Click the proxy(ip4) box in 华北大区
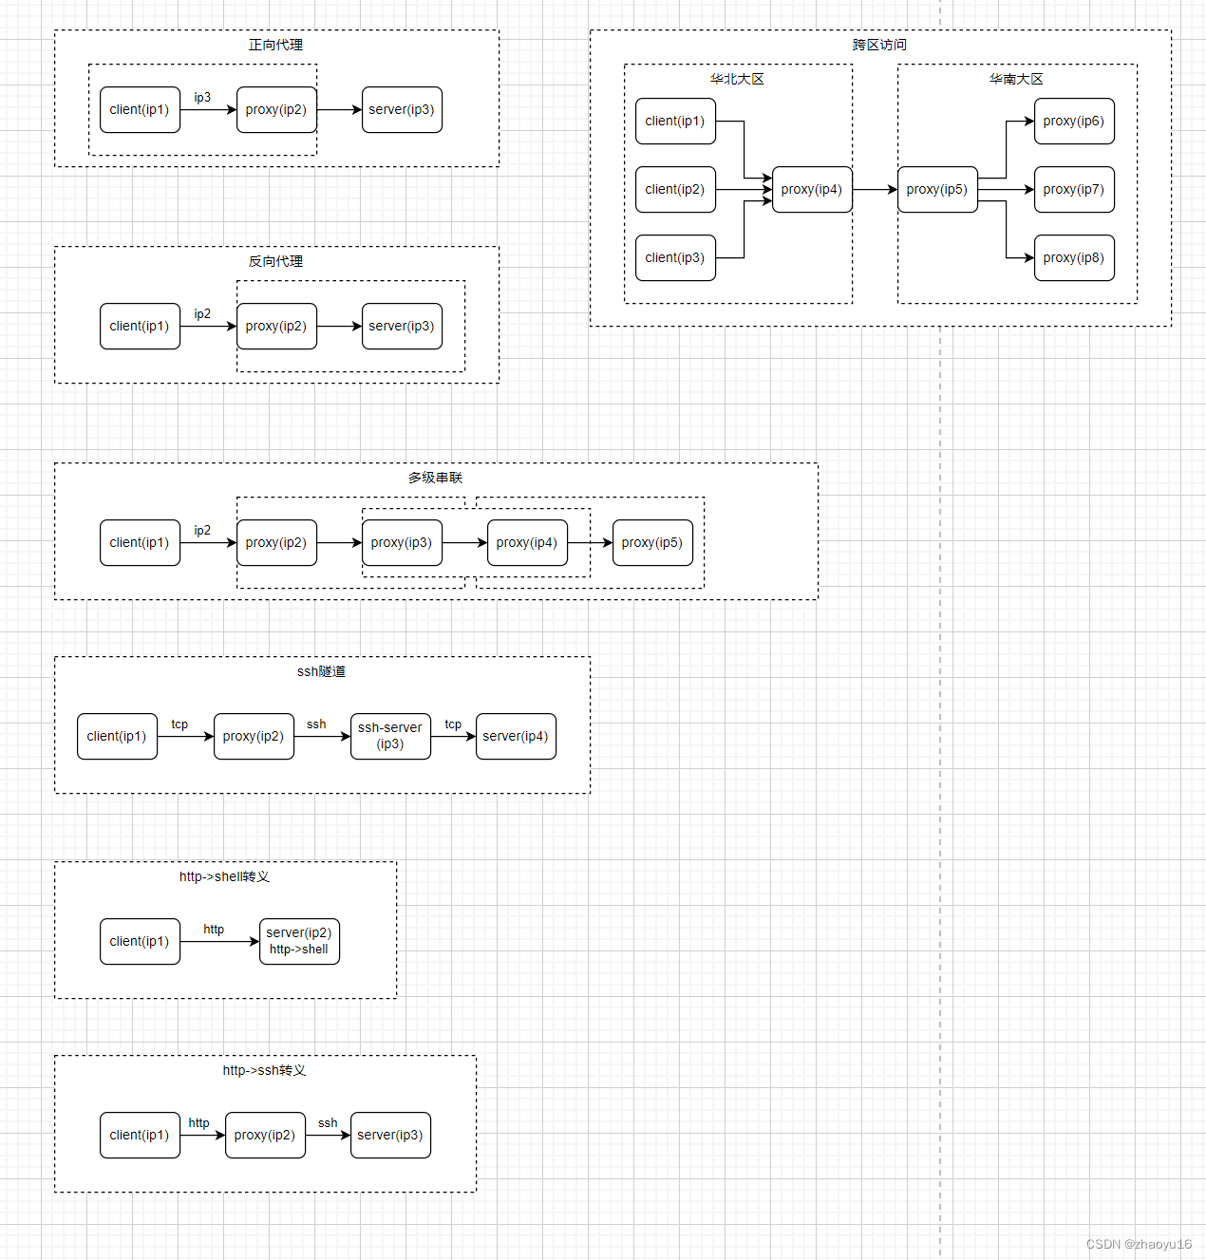[812, 189]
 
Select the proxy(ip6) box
[1074, 121]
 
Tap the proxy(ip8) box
[1074, 257]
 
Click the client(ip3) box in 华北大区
[675, 257]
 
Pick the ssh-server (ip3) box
[390, 736]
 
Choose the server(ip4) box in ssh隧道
[516, 736]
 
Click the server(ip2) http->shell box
[299, 941]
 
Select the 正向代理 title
[276, 45]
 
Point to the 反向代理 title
[276, 261]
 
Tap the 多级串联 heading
[436, 478]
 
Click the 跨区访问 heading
[880, 45]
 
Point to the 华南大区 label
[1017, 79]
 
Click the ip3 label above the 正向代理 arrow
[202, 97]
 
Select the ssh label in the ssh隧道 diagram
[316, 724]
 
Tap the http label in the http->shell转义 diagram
[214, 929]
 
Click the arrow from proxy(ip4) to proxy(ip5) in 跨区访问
[875, 189]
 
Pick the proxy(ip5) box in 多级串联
[652, 542]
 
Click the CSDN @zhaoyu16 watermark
[1139, 1244]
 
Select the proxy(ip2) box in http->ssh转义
[265, 1135]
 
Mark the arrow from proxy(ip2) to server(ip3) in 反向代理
[339, 326]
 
